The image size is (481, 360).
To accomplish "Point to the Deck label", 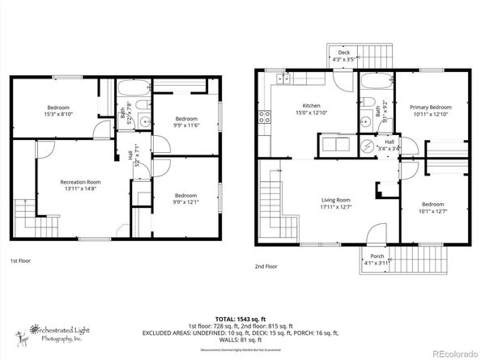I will pos(345,53).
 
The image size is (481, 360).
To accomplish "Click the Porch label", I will pos(377,256).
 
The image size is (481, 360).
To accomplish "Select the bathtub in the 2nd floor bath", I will pos(376,82).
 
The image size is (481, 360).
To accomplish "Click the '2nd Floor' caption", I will pos(266,265).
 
